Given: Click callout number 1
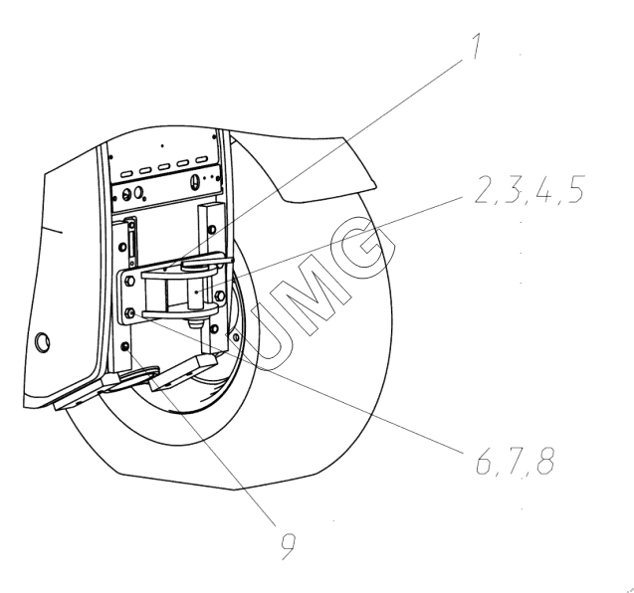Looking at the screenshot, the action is [x=477, y=46].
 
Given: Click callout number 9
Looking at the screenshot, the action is [x=289, y=546].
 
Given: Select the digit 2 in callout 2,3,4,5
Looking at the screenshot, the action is [x=483, y=189].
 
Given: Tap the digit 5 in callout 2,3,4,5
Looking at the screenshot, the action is [x=575, y=189].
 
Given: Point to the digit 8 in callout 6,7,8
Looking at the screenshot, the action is [x=545, y=461].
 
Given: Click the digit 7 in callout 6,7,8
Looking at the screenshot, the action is [x=515, y=461].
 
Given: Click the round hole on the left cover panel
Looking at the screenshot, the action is [x=43, y=342].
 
